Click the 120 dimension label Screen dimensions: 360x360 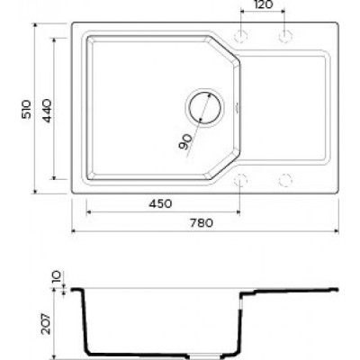263,4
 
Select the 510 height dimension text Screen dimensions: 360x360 26,109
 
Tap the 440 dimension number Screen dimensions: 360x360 47,111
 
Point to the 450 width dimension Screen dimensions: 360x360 160,203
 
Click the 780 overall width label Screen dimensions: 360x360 202,223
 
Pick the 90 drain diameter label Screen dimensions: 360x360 185,142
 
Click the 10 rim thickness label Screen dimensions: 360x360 57,276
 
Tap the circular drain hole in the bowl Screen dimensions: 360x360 204,107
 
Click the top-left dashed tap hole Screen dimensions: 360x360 240,37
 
